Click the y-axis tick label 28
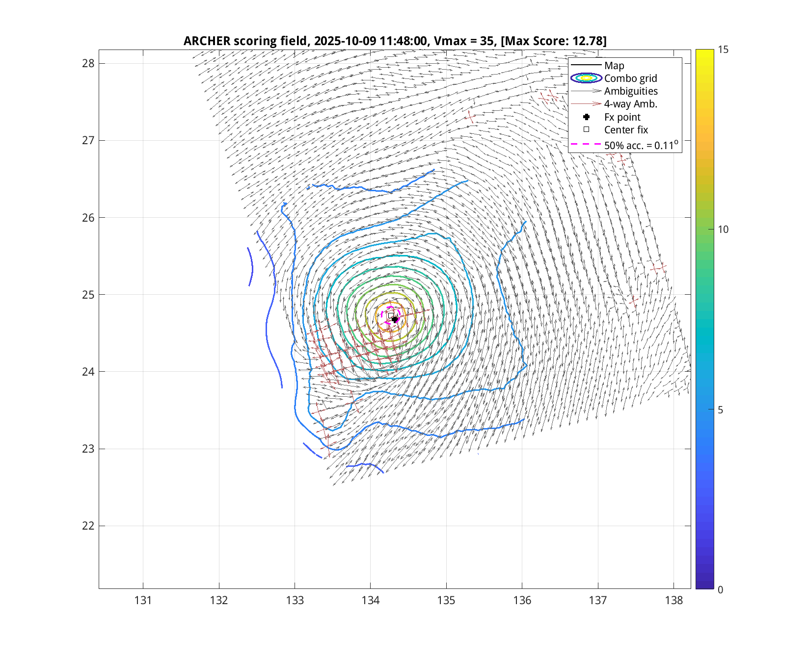coord(88,63)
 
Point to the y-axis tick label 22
coord(88,526)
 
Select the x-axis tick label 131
coord(143,600)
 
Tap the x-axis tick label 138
coord(674,600)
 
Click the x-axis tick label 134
coord(371,600)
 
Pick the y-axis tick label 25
coord(88,295)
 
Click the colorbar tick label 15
coord(723,50)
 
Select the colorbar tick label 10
coord(723,229)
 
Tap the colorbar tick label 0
coord(720,589)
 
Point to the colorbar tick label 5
coord(720,409)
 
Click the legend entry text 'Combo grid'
coord(630,78)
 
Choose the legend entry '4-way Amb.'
coord(630,104)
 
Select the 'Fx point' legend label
coord(622,117)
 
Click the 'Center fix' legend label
coord(626,130)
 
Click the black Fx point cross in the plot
coord(395,319)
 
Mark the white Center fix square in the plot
coord(391,315)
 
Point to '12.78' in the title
coord(587,41)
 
